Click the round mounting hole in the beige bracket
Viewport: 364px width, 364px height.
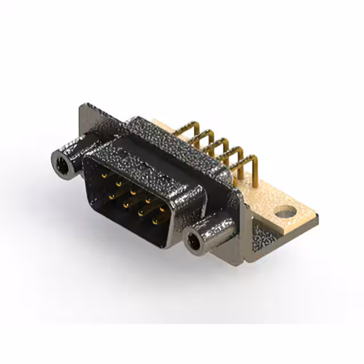click(x=286, y=213)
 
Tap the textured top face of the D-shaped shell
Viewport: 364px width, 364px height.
click(x=165, y=148)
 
